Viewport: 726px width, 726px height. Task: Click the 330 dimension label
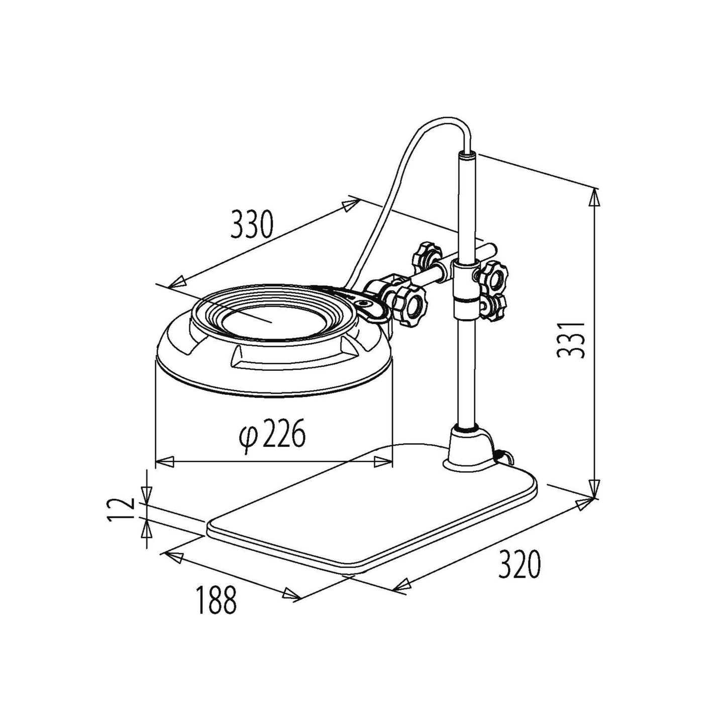tap(251, 225)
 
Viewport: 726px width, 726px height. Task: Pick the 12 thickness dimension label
tap(121, 509)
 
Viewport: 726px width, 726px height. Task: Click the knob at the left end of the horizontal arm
tap(426, 259)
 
